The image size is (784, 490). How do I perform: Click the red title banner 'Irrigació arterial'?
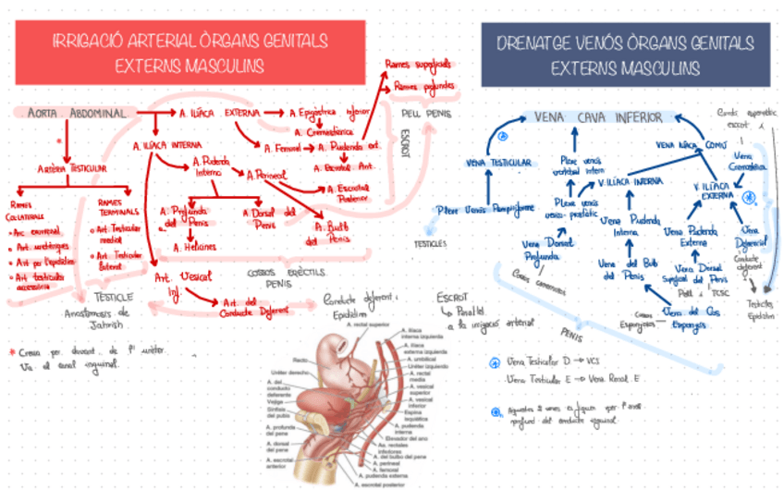click(190, 53)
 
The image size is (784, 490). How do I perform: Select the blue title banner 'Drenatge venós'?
click(624, 55)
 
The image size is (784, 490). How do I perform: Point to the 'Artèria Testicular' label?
click(71, 169)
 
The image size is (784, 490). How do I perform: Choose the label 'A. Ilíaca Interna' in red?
click(167, 145)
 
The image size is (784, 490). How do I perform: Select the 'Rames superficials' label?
click(418, 65)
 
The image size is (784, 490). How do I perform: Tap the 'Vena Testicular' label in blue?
click(498, 163)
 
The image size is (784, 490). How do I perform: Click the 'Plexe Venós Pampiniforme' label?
click(485, 209)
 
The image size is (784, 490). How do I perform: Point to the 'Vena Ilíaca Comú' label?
click(691, 144)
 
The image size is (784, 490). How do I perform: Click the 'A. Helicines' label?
click(195, 247)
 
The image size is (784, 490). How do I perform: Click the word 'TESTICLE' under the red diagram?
click(115, 297)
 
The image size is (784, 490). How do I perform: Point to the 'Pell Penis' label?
click(427, 114)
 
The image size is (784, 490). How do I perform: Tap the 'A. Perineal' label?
click(267, 173)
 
